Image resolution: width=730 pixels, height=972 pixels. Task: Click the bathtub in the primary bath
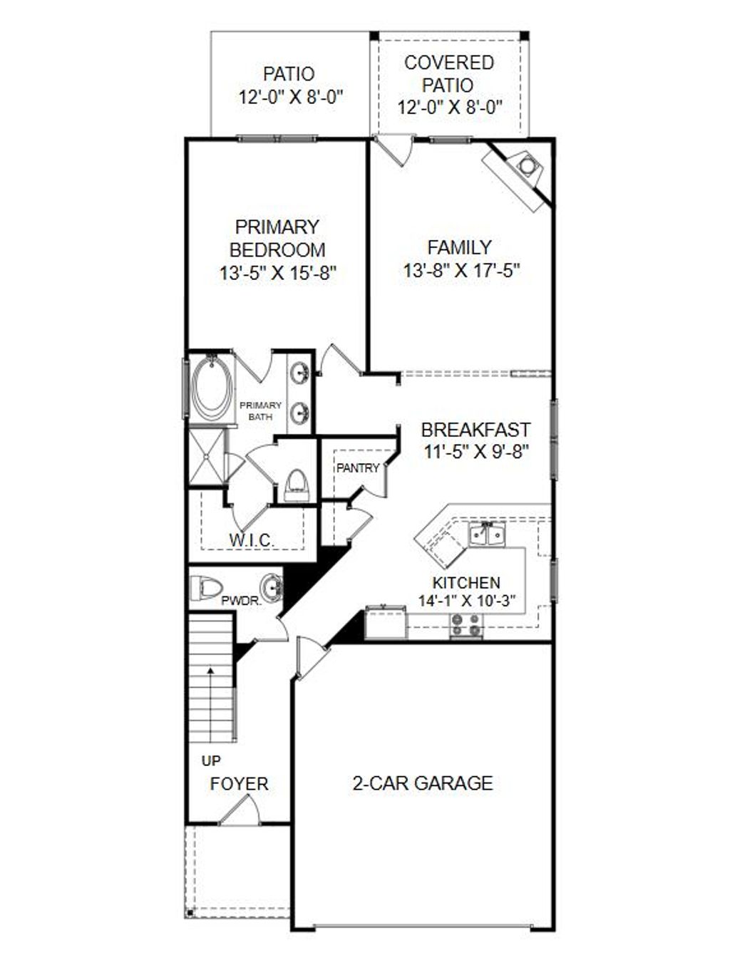(x=212, y=389)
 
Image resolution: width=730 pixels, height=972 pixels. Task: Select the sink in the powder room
(x=272, y=588)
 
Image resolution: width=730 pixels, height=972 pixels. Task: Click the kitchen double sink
(x=487, y=534)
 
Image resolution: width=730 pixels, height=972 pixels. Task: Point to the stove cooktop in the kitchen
(x=466, y=627)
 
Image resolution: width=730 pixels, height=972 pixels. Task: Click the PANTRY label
(x=358, y=468)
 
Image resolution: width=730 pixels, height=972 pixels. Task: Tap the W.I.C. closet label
(x=252, y=540)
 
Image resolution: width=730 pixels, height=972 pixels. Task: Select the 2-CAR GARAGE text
(x=423, y=783)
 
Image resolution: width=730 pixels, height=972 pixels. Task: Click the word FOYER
(x=240, y=784)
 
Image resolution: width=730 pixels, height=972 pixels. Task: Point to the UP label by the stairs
(x=211, y=761)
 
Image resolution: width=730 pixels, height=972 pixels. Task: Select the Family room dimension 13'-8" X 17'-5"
(x=461, y=271)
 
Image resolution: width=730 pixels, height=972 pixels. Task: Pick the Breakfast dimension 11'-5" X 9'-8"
(x=475, y=452)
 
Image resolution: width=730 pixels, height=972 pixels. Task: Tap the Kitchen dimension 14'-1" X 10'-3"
(x=466, y=601)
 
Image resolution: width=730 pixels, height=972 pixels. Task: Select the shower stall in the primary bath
(x=206, y=455)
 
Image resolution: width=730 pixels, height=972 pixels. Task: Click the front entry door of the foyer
(x=238, y=812)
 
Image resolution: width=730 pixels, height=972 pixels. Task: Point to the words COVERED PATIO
(x=448, y=74)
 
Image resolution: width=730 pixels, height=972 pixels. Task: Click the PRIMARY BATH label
(x=260, y=410)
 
